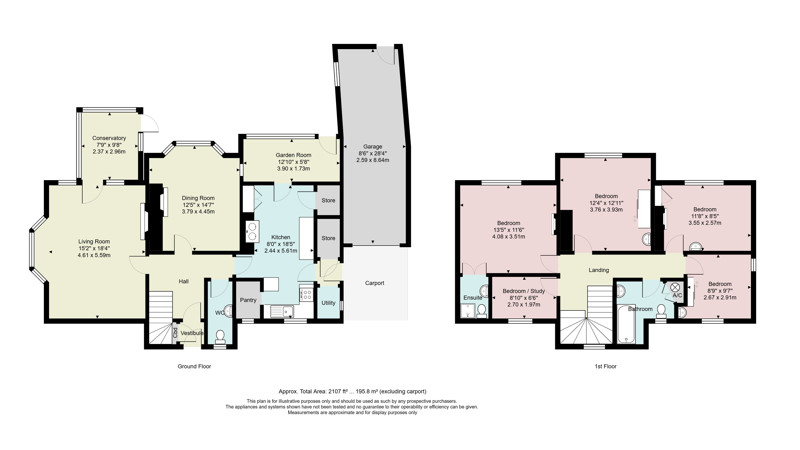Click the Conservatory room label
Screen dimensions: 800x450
pos(109,138)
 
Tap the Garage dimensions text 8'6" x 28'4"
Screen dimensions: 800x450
pos(373,153)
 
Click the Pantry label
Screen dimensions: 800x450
pos(248,300)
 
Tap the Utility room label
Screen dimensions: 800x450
pos(328,303)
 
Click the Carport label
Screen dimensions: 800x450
pos(375,283)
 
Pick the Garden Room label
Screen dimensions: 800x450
pos(293,155)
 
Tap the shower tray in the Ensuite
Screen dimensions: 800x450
pos(468,311)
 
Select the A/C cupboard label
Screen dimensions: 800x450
pos(677,295)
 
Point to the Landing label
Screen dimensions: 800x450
pos(599,270)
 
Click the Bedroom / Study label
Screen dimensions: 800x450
pos(524,291)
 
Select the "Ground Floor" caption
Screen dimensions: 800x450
pos(194,366)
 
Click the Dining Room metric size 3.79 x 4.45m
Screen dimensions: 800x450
pos(198,212)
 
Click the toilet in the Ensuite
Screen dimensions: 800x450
pos(482,311)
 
